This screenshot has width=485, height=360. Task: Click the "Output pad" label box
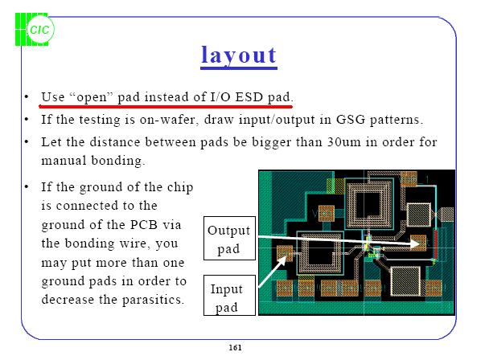[228, 239]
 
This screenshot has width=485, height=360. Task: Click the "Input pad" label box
[227, 297]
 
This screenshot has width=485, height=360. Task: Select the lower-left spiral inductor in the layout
[319, 253]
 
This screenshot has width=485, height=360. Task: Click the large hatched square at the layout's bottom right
[409, 282]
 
